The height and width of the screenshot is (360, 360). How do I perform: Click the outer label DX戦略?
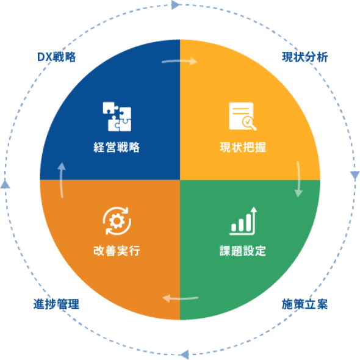(x=57, y=57)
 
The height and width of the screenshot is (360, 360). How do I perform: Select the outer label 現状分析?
(x=304, y=57)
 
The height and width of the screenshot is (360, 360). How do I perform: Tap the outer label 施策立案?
(x=304, y=304)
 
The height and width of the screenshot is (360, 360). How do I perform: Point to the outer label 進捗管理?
(x=56, y=304)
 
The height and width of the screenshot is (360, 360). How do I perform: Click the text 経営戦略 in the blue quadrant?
(x=117, y=147)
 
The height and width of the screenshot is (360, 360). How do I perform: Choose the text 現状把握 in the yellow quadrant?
(x=243, y=147)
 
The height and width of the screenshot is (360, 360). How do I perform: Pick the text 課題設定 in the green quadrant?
(x=243, y=251)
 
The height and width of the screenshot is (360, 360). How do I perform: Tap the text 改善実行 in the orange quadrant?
(x=117, y=251)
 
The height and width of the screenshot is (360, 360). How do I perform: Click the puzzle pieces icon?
(x=117, y=117)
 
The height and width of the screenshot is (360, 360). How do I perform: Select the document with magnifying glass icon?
(x=242, y=116)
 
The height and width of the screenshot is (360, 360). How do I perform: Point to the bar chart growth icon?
(x=243, y=221)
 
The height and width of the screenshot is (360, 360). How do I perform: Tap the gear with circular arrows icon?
(x=117, y=221)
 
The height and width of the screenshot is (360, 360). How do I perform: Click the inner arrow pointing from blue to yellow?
(x=180, y=61)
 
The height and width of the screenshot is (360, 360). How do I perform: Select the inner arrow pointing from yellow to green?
(x=298, y=179)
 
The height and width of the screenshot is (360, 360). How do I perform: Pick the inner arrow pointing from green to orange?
(x=180, y=298)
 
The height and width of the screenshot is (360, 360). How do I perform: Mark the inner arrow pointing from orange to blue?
(x=62, y=180)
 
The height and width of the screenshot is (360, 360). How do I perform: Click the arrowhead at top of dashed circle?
(x=176, y=5)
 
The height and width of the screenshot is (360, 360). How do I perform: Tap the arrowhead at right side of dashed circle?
(x=355, y=175)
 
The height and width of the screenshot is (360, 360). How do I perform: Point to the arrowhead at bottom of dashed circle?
(x=184, y=355)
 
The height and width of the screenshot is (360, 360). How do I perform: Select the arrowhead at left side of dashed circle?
(x=5, y=184)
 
